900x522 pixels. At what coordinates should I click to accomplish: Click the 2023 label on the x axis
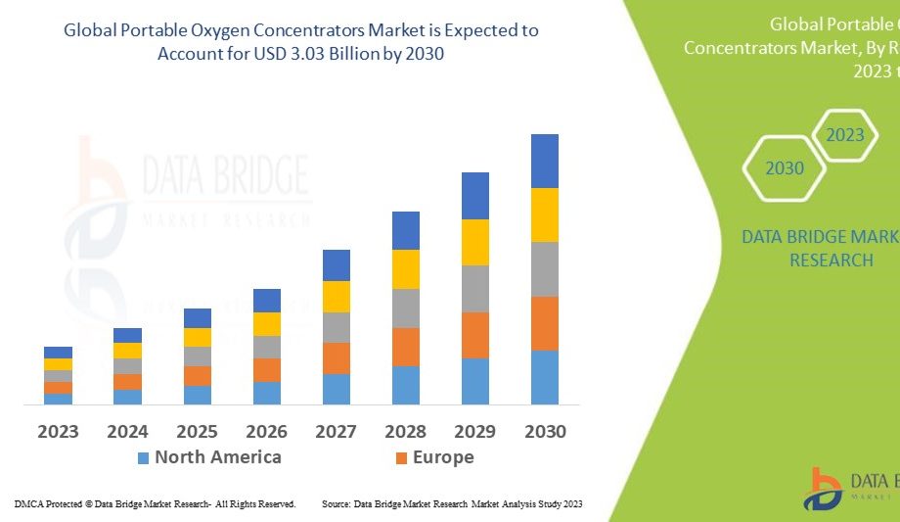pos(58,431)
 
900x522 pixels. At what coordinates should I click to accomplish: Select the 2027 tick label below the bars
pos(336,431)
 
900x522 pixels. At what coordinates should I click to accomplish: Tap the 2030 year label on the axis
pos(545,431)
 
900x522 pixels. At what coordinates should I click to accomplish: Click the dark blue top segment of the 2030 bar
pos(545,161)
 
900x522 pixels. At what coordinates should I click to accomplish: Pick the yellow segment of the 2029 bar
pos(475,242)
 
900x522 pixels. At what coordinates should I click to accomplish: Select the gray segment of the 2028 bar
pos(406,308)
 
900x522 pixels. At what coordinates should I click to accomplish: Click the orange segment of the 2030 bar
pos(545,323)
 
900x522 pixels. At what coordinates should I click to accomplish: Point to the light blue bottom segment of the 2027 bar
pos(336,389)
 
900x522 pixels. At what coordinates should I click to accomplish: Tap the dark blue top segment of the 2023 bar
pos(58,353)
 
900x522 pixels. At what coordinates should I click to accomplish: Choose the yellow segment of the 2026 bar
pos(266,324)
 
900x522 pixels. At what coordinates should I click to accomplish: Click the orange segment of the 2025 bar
pos(198,376)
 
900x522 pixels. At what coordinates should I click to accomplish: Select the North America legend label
pos(217,457)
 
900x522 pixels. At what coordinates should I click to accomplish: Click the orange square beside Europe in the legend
pos(401,457)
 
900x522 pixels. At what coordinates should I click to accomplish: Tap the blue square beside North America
pos(144,457)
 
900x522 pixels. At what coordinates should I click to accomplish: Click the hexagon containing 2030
pos(785,168)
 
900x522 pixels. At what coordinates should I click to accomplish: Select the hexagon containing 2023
pos(845,134)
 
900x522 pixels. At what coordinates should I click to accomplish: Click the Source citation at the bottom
pos(452,504)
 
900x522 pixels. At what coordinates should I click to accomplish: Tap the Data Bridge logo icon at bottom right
pos(824,489)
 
